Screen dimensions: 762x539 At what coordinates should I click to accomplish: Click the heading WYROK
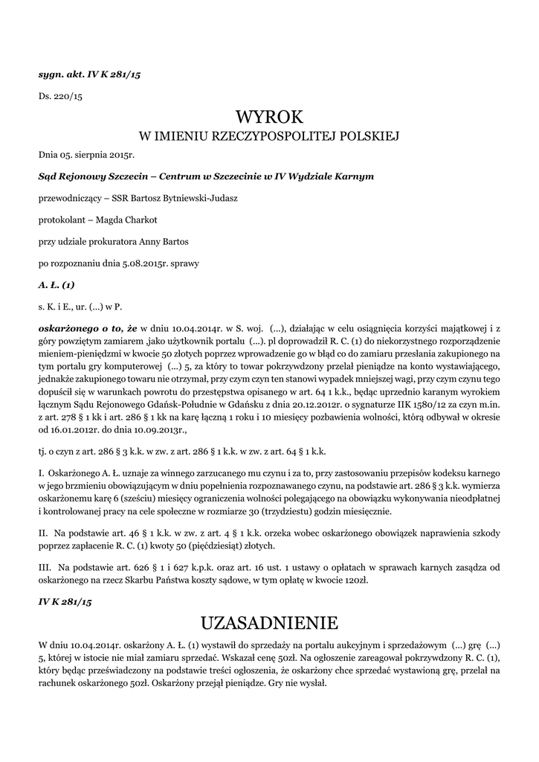(x=269, y=118)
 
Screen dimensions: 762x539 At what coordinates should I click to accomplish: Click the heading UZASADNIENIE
(x=269, y=621)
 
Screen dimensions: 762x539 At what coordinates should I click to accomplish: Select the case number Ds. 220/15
(x=60, y=97)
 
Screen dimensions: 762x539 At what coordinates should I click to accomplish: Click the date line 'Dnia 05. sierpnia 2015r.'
(x=86, y=156)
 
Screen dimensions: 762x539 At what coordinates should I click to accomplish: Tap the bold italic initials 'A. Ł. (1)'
(x=57, y=284)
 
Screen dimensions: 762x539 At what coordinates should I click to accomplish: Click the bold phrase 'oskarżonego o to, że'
(x=88, y=327)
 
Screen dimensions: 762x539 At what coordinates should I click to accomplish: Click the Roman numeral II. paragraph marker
(x=43, y=534)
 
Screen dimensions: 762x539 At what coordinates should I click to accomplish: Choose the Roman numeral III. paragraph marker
(x=45, y=566)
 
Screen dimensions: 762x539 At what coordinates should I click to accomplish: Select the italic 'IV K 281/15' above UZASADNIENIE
(x=64, y=599)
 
